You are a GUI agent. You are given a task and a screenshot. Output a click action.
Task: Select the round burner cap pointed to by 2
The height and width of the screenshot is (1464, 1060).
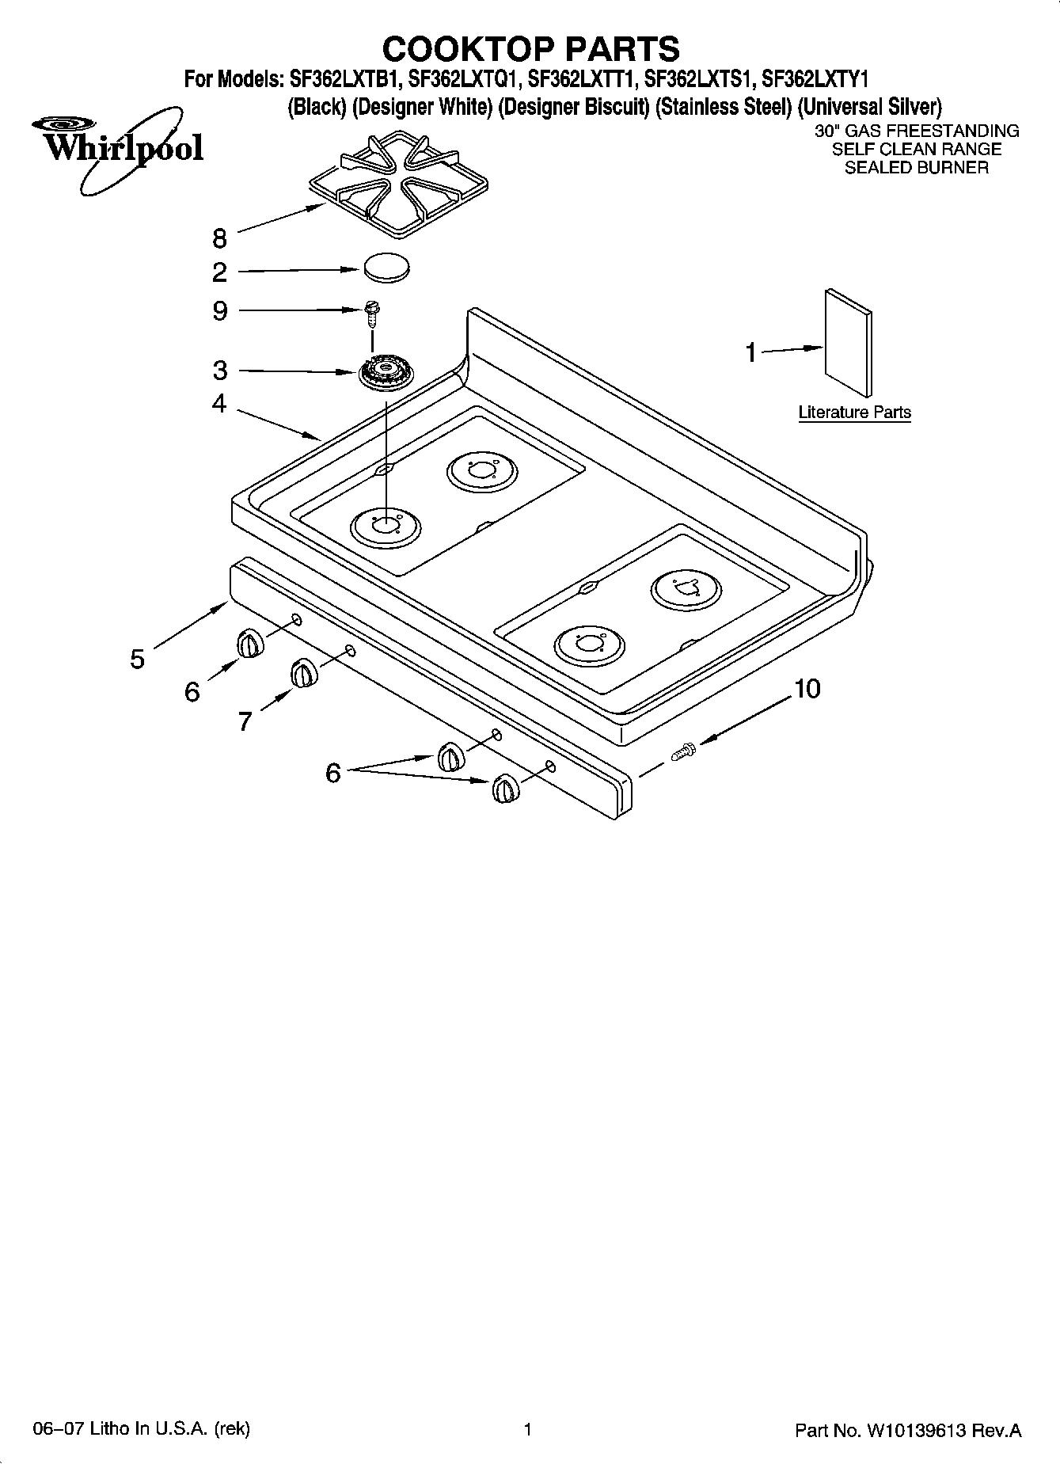tap(387, 267)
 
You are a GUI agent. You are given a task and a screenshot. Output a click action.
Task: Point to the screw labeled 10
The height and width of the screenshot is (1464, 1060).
tap(682, 751)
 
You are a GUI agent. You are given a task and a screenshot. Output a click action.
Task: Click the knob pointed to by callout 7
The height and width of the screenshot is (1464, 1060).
tap(302, 674)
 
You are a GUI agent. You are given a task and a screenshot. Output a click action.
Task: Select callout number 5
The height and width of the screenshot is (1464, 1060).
tap(138, 659)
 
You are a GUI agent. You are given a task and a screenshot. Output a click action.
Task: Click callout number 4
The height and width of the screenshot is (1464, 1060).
tap(219, 404)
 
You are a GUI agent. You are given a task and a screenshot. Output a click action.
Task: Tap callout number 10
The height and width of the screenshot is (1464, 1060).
tap(807, 689)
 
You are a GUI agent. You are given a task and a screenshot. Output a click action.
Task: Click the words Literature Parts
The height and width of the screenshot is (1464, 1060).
tap(854, 413)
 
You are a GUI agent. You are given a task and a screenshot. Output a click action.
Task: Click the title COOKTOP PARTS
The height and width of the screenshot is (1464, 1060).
tap(530, 49)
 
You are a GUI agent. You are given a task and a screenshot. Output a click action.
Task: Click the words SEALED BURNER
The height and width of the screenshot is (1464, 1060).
tap(916, 168)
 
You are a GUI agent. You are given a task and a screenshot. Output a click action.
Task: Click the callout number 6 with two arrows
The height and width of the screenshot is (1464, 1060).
tap(333, 772)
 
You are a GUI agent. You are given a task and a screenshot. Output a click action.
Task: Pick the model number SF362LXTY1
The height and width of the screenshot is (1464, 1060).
tap(815, 79)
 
